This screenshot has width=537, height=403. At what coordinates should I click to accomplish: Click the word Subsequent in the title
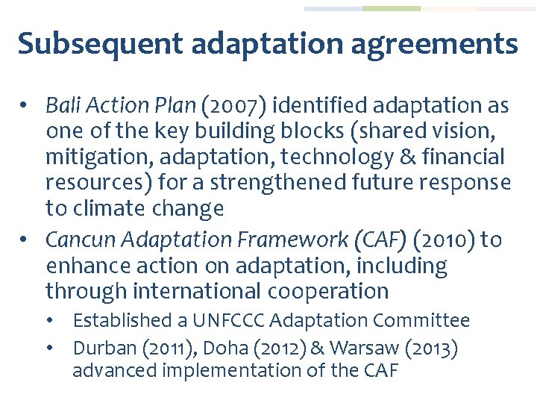click(x=100, y=44)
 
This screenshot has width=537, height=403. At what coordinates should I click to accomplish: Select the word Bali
click(x=62, y=106)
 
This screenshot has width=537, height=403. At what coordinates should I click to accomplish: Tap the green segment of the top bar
click(x=392, y=9)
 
